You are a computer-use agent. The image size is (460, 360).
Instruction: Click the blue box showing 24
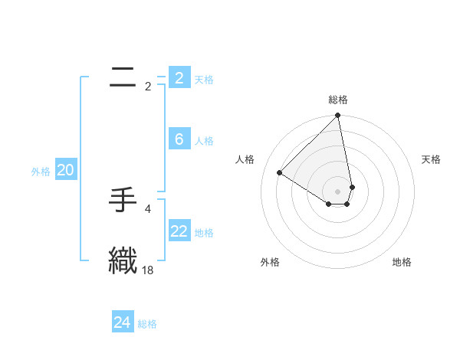123,322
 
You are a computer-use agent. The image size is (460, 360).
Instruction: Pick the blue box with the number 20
65,171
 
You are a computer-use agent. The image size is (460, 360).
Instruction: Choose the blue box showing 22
179,231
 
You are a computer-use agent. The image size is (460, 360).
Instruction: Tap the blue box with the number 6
179,139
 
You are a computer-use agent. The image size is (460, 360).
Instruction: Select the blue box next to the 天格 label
179,78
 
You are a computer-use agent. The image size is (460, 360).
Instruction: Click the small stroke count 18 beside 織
148,270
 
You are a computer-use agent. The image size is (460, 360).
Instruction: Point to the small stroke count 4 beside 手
148,208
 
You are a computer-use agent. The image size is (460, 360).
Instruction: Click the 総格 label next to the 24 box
147,324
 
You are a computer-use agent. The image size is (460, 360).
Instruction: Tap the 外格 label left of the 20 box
41,172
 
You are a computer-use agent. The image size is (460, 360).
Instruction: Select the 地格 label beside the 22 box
204,233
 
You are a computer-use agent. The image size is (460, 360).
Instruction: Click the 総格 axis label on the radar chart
338,100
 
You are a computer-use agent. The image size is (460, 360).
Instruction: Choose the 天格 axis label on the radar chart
431,159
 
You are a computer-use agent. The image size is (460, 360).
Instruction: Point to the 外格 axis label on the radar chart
269,262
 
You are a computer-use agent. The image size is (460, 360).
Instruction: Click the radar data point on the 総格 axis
338,116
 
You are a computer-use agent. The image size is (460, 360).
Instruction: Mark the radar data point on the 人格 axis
280,173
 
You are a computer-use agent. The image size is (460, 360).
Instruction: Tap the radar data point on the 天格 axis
352,186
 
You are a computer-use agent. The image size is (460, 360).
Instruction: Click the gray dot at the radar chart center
338,191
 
